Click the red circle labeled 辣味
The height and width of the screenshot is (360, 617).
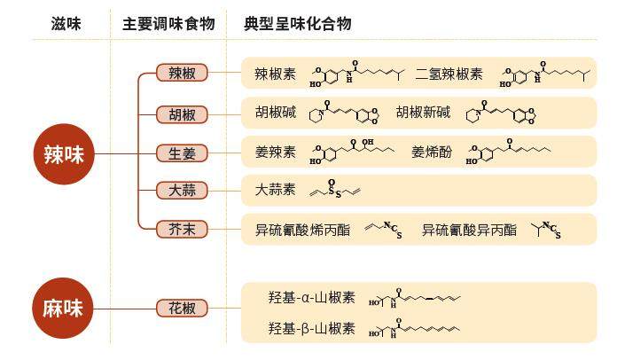point(63,153)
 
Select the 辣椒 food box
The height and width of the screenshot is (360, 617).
point(183,74)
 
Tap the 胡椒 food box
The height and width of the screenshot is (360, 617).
point(183,113)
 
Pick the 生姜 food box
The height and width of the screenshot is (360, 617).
point(183,153)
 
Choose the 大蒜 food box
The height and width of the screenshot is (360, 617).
point(183,191)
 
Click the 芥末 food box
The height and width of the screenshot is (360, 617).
point(183,230)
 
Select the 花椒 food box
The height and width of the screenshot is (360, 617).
point(183,308)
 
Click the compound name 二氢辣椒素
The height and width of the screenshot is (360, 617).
point(449,74)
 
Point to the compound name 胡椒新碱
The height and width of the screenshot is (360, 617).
point(424,113)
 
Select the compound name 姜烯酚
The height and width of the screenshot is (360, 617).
point(432,153)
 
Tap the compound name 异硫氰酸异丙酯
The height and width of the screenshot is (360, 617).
point(469,230)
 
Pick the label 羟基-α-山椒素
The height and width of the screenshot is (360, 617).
point(311,298)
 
